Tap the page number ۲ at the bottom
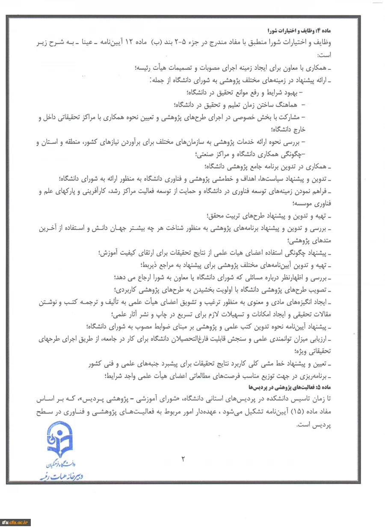pyautogui.click(x=183, y=460)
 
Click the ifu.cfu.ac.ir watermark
pyautogui.click(x=15, y=522)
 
